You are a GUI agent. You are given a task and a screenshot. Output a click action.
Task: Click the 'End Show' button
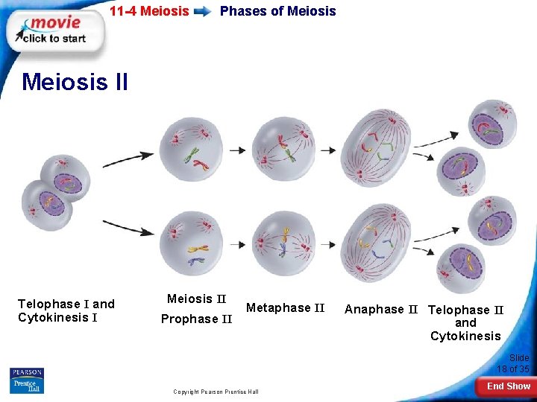pos(508,386)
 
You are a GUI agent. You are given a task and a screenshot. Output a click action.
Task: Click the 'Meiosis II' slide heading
pos(75,81)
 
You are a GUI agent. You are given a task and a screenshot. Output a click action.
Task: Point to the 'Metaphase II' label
pos(285,307)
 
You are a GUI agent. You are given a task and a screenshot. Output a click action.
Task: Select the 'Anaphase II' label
pos(380,309)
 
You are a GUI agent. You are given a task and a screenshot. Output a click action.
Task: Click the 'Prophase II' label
pos(197,319)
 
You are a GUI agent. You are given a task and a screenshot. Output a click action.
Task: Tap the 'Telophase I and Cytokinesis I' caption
pos(66,310)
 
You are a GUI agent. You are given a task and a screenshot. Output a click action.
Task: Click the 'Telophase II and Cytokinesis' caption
pos(466,322)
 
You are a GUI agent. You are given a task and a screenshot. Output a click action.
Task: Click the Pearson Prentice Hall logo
pos(27,380)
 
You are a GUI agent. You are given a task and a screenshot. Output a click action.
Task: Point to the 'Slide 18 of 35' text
pos(514,363)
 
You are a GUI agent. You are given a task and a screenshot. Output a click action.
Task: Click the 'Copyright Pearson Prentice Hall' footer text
pos(216,391)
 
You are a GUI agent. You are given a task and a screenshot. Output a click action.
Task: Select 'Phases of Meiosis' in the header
pos(277,11)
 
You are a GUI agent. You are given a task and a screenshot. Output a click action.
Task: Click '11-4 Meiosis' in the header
pos(149,11)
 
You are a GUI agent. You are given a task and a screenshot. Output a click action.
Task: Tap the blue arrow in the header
pos(201,11)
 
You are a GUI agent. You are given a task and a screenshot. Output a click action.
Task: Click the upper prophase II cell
pos(192,145)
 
